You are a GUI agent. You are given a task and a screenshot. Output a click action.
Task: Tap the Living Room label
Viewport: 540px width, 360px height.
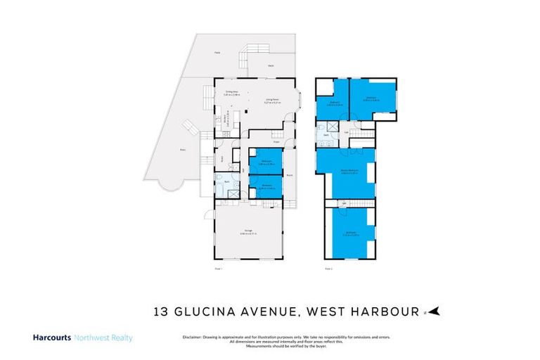pyautogui.click(x=268, y=101)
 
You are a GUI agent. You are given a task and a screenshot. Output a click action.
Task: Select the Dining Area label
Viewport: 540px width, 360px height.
pyautogui.click(x=230, y=92)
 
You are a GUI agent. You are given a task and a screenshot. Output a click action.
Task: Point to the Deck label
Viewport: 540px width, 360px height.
pyautogui.click(x=270, y=66)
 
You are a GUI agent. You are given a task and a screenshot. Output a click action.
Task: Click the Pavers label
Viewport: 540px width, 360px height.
pyautogui.click(x=183, y=150)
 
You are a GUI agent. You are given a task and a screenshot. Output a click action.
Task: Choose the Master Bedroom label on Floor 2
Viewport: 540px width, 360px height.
pyautogui.click(x=345, y=169)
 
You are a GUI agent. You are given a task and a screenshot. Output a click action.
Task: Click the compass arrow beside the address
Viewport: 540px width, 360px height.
pyautogui.click(x=435, y=310)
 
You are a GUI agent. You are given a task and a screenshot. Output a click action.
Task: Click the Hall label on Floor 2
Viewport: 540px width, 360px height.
pyautogui.click(x=347, y=132)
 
